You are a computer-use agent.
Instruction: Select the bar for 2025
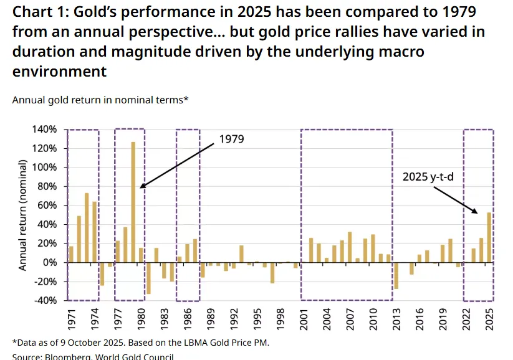click(x=489, y=237)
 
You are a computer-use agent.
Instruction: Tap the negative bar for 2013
click(x=396, y=275)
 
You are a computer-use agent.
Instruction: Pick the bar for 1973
click(x=87, y=227)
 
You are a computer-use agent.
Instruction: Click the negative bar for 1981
click(x=148, y=278)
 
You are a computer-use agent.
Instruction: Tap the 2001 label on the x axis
click(x=304, y=318)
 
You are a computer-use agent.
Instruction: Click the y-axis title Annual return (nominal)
click(x=22, y=215)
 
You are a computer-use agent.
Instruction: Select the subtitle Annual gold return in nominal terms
click(x=100, y=100)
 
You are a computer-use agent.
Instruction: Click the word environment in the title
click(x=59, y=72)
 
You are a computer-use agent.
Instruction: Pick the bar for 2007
click(x=350, y=247)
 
